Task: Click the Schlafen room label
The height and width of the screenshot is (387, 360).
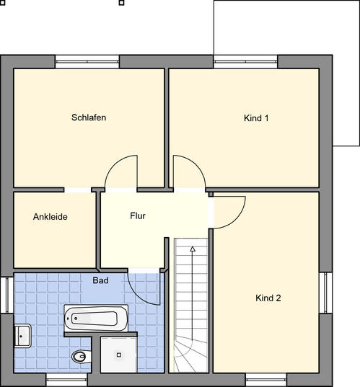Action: (89, 117)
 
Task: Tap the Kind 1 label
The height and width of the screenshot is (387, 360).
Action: (256, 117)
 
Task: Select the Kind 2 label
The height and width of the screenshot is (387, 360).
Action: (268, 298)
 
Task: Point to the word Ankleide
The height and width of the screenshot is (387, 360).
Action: (51, 216)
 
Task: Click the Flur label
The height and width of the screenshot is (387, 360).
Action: (138, 215)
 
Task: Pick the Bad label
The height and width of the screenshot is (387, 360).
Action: (100, 280)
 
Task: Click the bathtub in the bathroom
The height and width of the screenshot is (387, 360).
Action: (95, 317)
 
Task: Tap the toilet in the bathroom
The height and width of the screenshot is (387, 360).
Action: (80, 355)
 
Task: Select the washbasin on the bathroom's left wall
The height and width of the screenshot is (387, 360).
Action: (22, 335)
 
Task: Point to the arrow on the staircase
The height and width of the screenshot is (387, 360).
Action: (193, 249)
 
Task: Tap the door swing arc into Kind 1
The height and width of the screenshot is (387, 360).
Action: (187, 170)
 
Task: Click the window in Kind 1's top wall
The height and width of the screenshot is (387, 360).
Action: (244, 62)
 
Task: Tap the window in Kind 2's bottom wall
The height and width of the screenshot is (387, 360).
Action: (267, 378)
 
